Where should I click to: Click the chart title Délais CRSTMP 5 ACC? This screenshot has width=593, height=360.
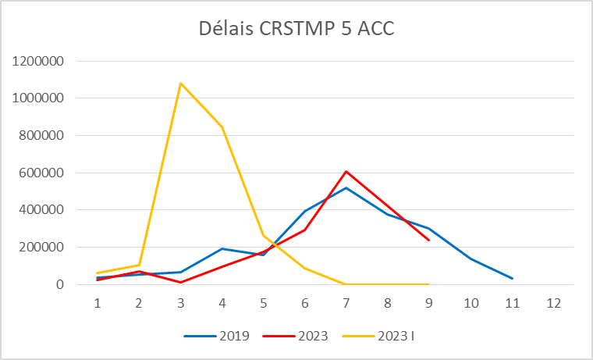tap(296, 29)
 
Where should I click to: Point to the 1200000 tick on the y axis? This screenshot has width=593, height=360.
tap(46, 61)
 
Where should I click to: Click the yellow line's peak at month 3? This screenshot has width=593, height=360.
tap(181, 83)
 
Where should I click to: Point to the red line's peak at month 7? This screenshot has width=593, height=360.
tap(346, 171)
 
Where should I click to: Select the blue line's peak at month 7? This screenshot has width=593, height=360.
tap(346, 187)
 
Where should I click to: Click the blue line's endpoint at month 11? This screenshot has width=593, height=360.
tap(513, 279)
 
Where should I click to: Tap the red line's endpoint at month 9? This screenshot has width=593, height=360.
tap(429, 241)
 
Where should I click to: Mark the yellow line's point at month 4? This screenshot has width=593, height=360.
tap(222, 127)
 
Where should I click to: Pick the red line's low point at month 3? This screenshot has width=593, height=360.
tap(181, 282)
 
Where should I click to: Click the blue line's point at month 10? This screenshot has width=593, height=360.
tap(470, 258)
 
